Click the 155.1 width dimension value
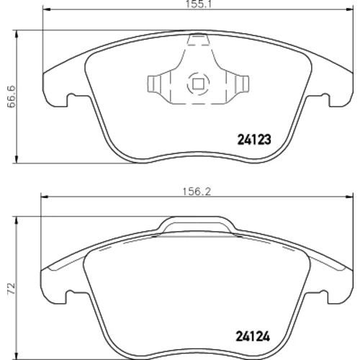pyautogui.click(x=198, y=4)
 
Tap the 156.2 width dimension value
pyautogui.click(x=197, y=192)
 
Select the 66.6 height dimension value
pyautogui.click(x=12, y=96)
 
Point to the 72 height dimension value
pyautogui.click(x=12, y=289)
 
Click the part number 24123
pyautogui.click(x=254, y=140)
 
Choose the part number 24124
pyautogui.click(x=253, y=336)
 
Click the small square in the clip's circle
pyautogui.click(x=198, y=84)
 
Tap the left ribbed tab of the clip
pyautogui.click(x=153, y=84)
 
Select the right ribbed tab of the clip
pyautogui.click(x=242, y=84)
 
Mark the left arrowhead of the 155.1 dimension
pyautogui.click(x=46, y=9)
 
